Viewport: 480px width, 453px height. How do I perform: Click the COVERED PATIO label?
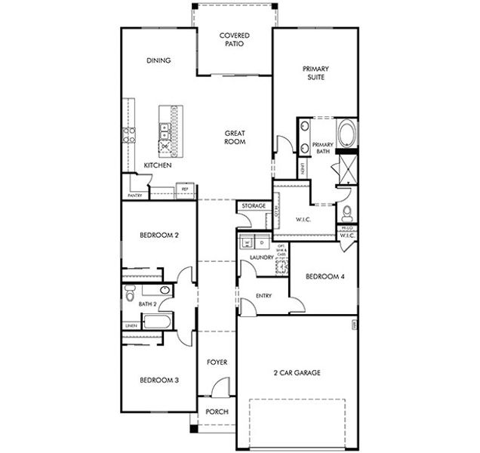point(234,39)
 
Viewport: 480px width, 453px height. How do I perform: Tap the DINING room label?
point(158,60)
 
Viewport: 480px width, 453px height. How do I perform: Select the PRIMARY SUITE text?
point(315,72)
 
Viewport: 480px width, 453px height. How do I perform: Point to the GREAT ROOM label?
point(235,137)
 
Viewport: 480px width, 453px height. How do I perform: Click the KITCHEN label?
point(158,165)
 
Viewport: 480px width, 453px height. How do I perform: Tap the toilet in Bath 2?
point(129,291)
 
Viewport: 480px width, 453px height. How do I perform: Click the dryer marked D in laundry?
point(261,243)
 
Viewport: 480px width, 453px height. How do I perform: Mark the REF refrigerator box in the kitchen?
point(185,190)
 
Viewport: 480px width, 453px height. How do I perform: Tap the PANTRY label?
point(135,196)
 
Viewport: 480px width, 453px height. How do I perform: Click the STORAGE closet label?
point(253,205)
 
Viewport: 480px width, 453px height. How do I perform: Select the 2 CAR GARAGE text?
point(297,373)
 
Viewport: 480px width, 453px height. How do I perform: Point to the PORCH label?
point(217,412)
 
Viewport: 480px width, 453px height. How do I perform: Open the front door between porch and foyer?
point(219,388)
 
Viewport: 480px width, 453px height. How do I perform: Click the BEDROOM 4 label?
point(325,276)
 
